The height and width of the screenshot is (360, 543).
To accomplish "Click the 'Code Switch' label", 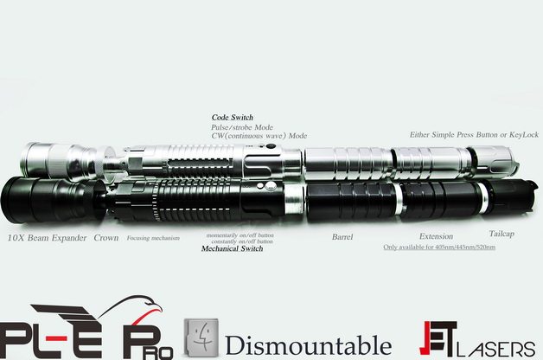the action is (233, 117).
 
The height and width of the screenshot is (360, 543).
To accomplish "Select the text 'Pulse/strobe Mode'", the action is (241, 126).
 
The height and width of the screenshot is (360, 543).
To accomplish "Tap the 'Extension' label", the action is (436, 236).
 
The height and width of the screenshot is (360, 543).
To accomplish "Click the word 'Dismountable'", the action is (309, 344).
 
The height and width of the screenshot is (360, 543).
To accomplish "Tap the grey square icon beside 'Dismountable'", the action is (202, 337).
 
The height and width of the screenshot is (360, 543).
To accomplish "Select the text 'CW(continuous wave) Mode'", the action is (259, 136).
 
